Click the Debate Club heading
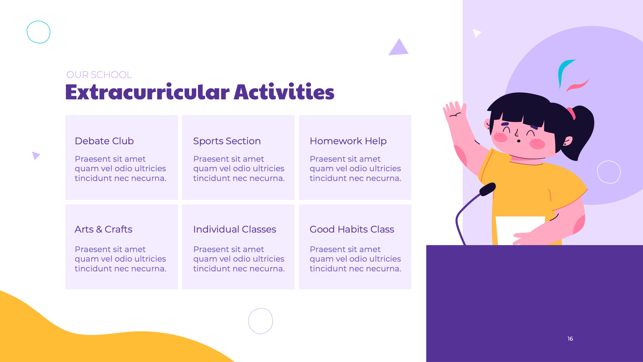coord(104,141)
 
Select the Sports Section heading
coord(227,141)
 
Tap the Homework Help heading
coord(348,141)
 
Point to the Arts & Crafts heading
coord(103,229)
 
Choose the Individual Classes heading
coord(235,229)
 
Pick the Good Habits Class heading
coord(352,229)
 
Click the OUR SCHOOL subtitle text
coord(99,75)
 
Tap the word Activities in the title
coord(284,92)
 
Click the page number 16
coord(570,339)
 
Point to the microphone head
coord(488,189)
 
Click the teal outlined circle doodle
coord(38,32)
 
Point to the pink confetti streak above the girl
coord(577,86)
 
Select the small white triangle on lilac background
coord(476,33)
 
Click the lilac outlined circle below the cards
coord(260,321)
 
